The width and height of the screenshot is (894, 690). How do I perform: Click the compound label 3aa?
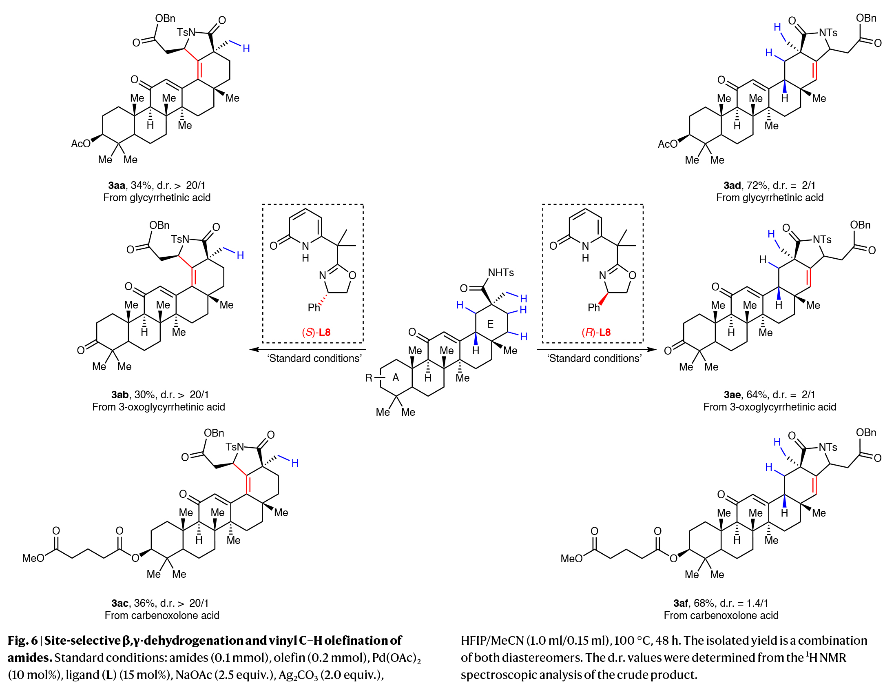pyautogui.click(x=116, y=186)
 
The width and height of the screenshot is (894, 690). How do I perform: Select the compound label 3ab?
pyautogui.click(x=119, y=395)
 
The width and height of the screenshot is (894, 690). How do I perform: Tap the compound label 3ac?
pyautogui.click(x=119, y=603)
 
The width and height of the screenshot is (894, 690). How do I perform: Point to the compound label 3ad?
pyautogui.click(x=732, y=186)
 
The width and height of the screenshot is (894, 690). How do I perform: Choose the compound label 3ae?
pyautogui.click(x=732, y=395)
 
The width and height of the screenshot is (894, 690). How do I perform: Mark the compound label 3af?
pyautogui.click(x=682, y=603)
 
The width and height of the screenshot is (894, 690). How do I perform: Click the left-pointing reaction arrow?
pyautogui.click(x=307, y=349)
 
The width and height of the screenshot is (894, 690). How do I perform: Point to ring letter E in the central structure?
pyautogui.click(x=490, y=324)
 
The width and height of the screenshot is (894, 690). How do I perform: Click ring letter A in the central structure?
pyautogui.click(x=396, y=377)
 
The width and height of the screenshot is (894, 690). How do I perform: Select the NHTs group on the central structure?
pyautogui.click(x=500, y=273)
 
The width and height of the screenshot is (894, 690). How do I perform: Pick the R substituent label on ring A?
pyautogui.click(x=369, y=377)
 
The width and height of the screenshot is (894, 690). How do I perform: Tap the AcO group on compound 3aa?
pyautogui.click(x=81, y=144)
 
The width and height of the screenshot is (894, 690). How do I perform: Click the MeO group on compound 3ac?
pyautogui.click(x=33, y=558)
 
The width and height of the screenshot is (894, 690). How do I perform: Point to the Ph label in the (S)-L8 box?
pyautogui.click(x=314, y=308)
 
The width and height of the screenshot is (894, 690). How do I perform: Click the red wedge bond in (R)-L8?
pyautogui.click(x=603, y=299)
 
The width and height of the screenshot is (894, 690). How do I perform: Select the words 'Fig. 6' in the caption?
pyautogui.click(x=22, y=641)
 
